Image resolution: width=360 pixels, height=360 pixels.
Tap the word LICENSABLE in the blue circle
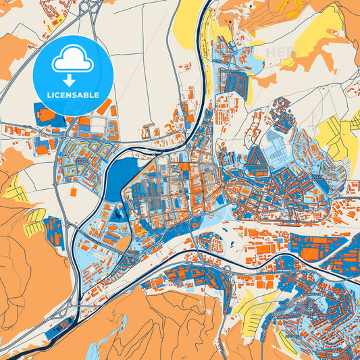click(x=72, y=94)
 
